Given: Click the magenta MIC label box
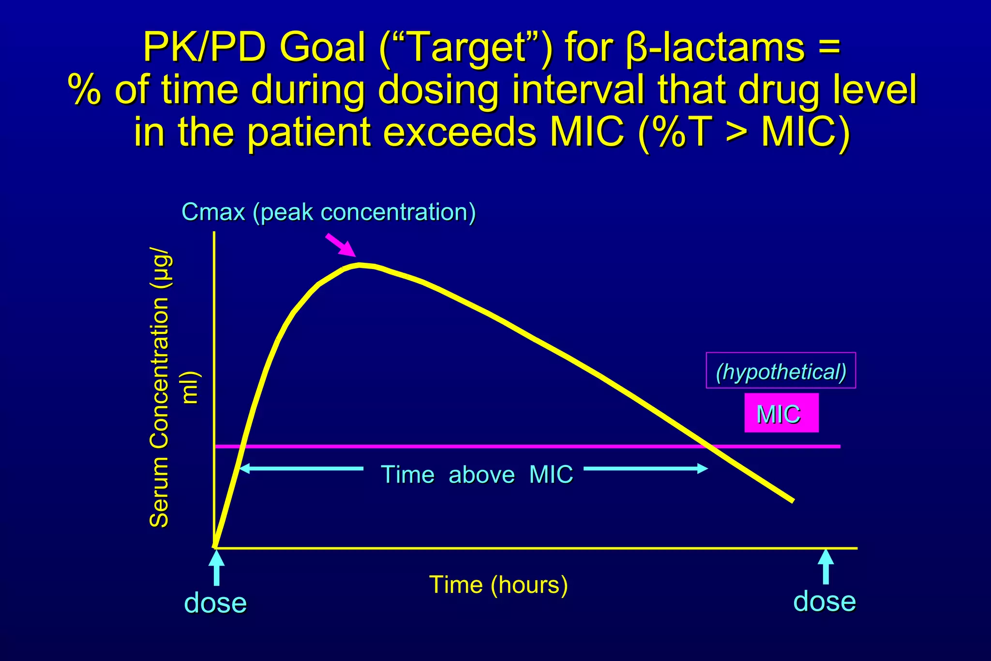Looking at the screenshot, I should (781, 413).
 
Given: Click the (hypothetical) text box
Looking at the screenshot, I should (781, 371).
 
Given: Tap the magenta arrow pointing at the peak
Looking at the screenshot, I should (341, 245).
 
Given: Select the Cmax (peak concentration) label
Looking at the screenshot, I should (329, 212).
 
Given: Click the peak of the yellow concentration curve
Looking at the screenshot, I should (360, 265).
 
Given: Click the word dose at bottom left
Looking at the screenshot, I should (215, 603).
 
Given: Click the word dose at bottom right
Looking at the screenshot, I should (825, 601).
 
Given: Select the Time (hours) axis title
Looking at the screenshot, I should (498, 585).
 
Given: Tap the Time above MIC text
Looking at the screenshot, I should (477, 474).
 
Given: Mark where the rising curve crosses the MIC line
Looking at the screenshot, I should (242, 446).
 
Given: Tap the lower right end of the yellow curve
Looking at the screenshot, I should (792, 500).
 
